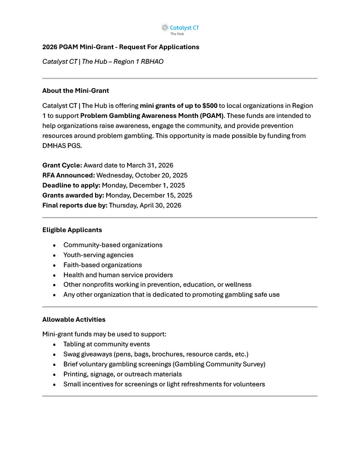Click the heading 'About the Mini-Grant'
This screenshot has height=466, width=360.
pyautogui.click(x=76, y=91)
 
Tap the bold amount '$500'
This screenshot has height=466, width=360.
pyautogui.click(x=208, y=106)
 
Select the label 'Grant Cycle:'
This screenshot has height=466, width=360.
pyautogui.click(x=62, y=165)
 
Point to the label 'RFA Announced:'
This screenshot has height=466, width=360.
pyautogui.click(x=68, y=175)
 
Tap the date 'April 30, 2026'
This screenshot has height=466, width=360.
pyautogui.click(x=159, y=205)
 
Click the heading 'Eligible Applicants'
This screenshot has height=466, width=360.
pyautogui.click(x=72, y=230)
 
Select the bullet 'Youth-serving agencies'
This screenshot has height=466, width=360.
pyautogui.click(x=98, y=255)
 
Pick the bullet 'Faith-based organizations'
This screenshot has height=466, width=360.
pyautogui.click(x=102, y=265)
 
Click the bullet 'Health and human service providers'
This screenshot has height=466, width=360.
pyautogui.click(x=118, y=275)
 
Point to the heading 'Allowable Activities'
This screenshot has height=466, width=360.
pyautogui.click(x=73, y=319)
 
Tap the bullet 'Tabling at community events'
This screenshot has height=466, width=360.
pyautogui.click(x=106, y=344)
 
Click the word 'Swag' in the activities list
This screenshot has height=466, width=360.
pyautogui.click(x=71, y=354)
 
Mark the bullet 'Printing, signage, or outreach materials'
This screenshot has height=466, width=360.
pyautogui.click(x=122, y=374)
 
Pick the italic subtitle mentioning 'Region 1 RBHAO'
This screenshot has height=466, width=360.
pyautogui.click(x=103, y=61)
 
